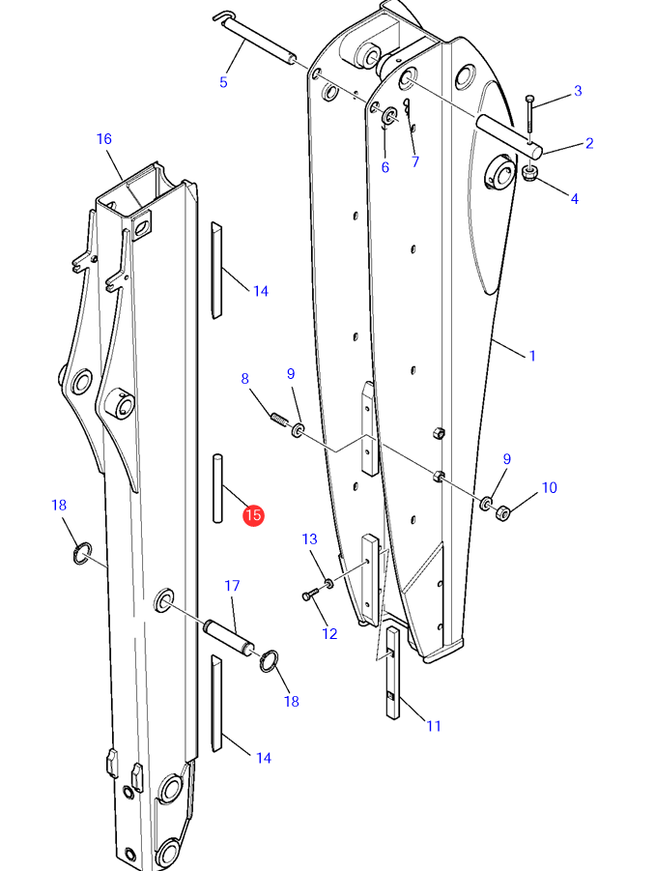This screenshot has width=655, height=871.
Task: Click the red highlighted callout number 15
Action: coord(253,515)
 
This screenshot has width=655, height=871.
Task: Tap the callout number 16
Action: coord(103,139)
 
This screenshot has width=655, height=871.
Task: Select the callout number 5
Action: coord(223,82)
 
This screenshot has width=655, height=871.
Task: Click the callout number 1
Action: coord(532,356)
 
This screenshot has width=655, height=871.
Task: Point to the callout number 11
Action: coord(434,725)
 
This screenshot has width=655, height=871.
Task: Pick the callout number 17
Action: coord(232,586)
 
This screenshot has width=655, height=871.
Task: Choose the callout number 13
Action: coord(310,538)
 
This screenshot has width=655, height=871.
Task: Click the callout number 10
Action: coord(549,488)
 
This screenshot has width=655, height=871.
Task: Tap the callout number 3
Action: coord(578,91)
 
